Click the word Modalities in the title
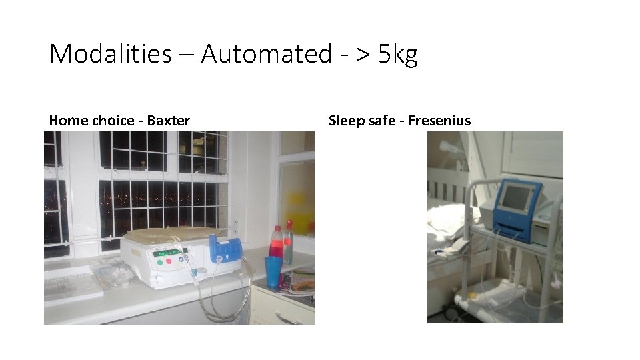(110, 53)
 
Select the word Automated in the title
(265, 53)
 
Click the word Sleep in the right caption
(345, 121)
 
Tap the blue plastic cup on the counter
(273, 271)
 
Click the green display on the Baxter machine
(167, 253)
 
